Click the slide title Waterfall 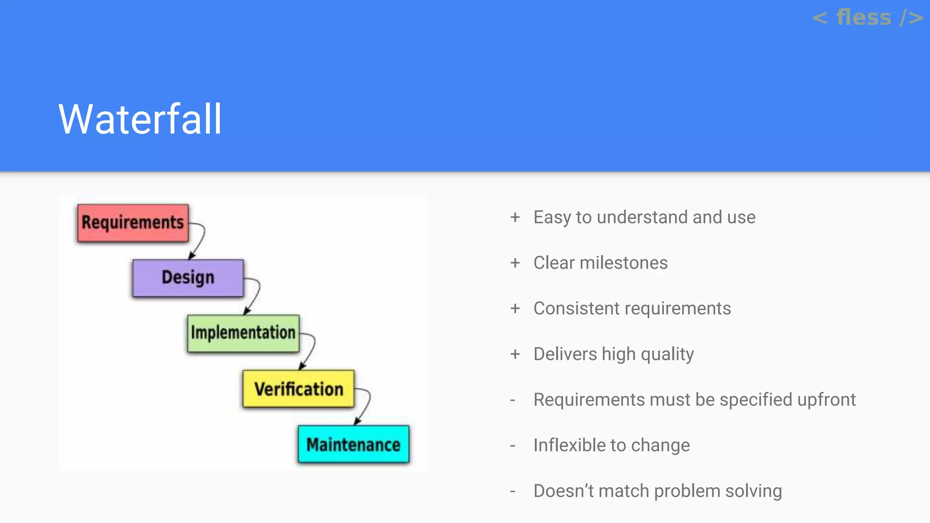click(x=140, y=119)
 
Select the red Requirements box click(x=133, y=222)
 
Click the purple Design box click(x=188, y=278)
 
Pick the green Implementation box click(x=243, y=333)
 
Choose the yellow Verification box click(x=298, y=389)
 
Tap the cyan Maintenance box click(x=353, y=444)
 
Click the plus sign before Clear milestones click(x=515, y=263)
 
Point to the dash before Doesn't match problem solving click(x=513, y=491)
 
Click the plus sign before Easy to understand click(x=515, y=217)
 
